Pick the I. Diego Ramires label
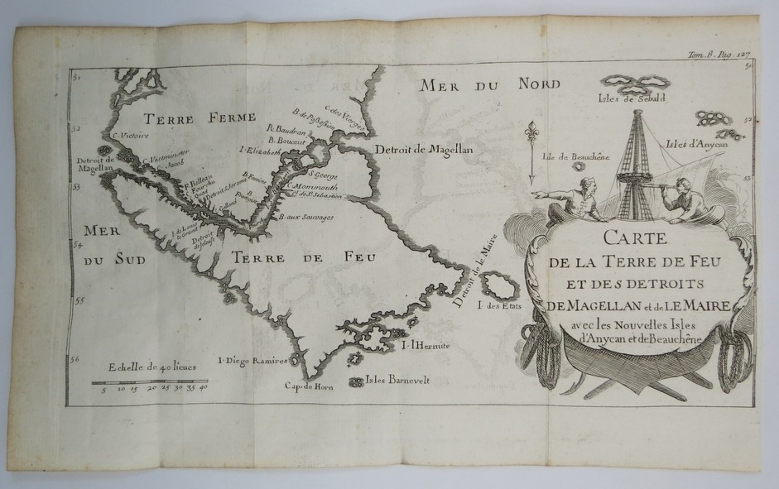(252, 361)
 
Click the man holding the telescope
(686, 202)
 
